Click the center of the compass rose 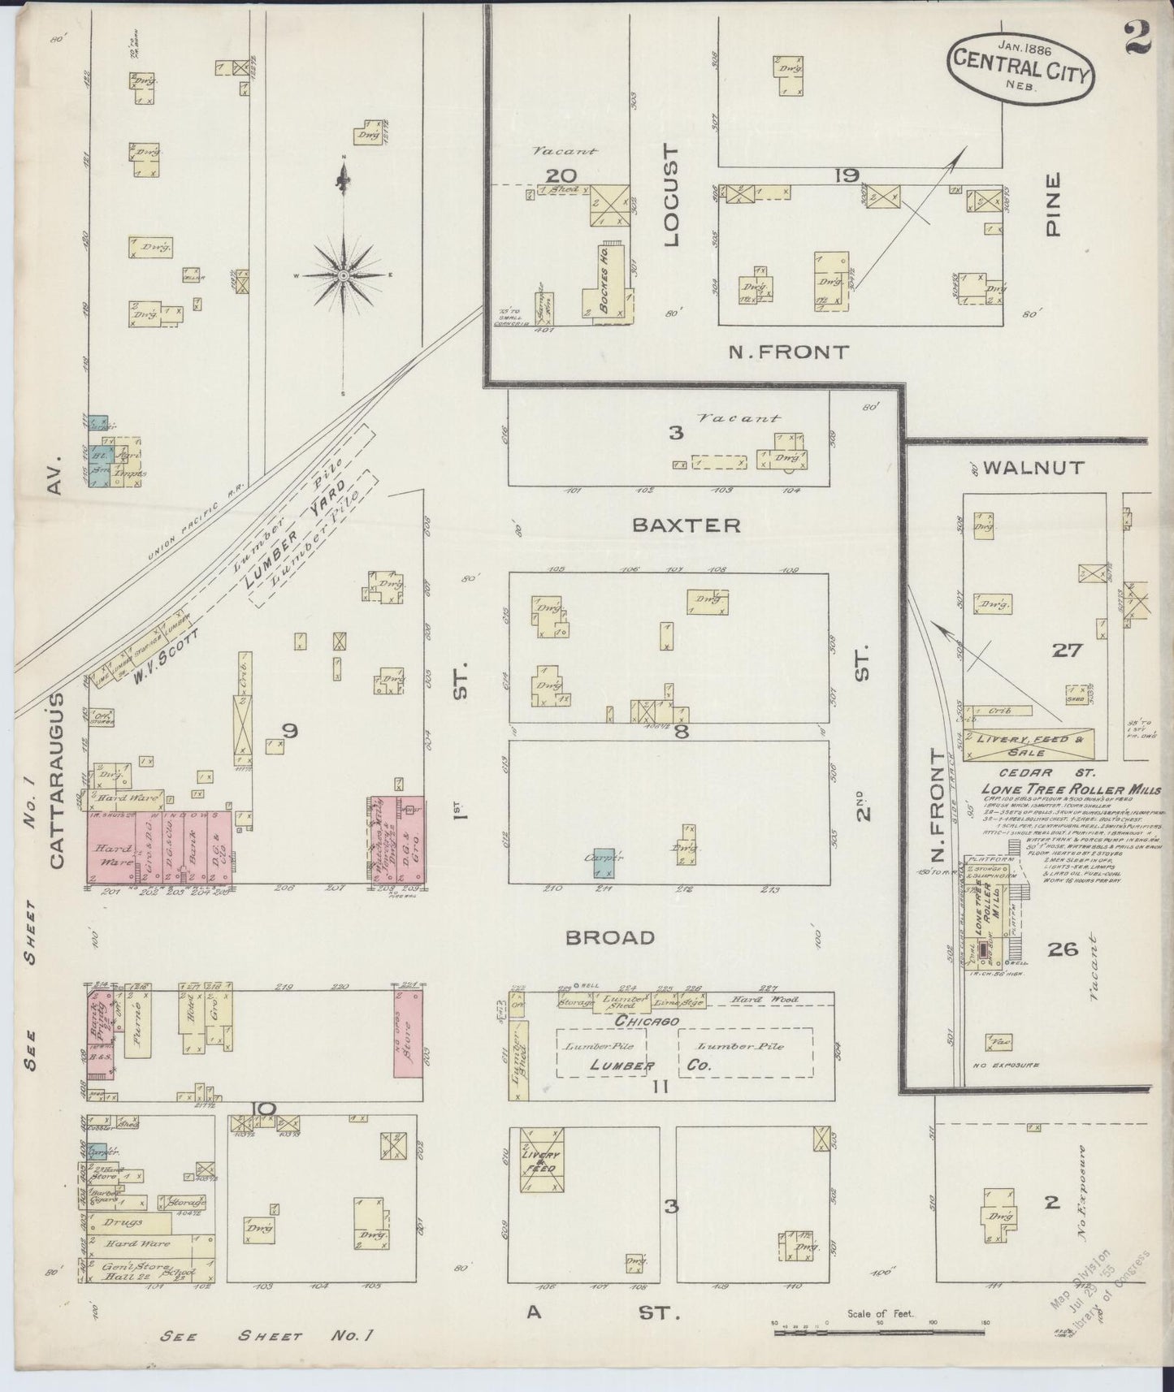344,275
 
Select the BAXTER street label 687,525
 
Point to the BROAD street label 610,937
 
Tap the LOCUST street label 670,196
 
